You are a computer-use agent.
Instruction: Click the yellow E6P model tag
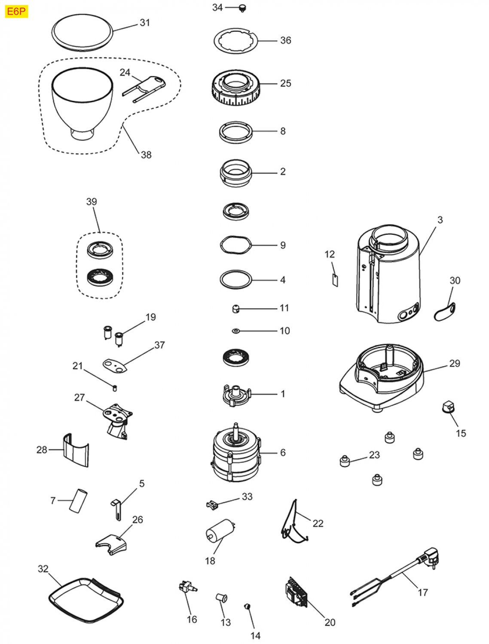pyautogui.click(x=16, y=11)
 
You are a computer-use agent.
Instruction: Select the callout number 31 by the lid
pyautogui.click(x=145, y=23)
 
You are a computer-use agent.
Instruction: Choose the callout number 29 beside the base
pyautogui.click(x=455, y=364)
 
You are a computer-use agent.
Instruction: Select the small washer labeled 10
pyautogui.click(x=235, y=331)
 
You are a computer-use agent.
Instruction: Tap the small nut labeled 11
pyautogui.click(x=235, y=308)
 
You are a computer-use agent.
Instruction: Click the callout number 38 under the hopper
pyautogui.click(x=146, y=155)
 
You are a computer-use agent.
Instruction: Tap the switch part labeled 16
pyautogui.click(x=187, y=587)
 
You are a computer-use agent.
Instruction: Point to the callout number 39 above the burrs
pyautogui.click(x=92, y=202)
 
